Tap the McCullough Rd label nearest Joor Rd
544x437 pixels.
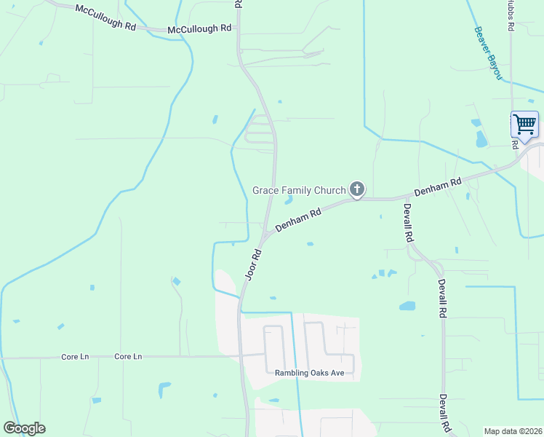click(199, 28)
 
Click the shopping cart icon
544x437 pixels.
click(524, 125)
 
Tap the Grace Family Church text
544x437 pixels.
click(299, 191)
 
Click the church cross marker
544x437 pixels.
click(356, 190)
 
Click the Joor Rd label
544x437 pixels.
click(253, 265)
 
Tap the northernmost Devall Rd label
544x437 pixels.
click(408, 222)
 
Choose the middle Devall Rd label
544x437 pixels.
click(441, 297)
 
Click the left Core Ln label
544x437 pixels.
click(75, 357)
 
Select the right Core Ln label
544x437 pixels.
click(128, 357)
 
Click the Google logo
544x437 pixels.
click(24, 428)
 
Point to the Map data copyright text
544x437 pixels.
click(512, 431)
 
